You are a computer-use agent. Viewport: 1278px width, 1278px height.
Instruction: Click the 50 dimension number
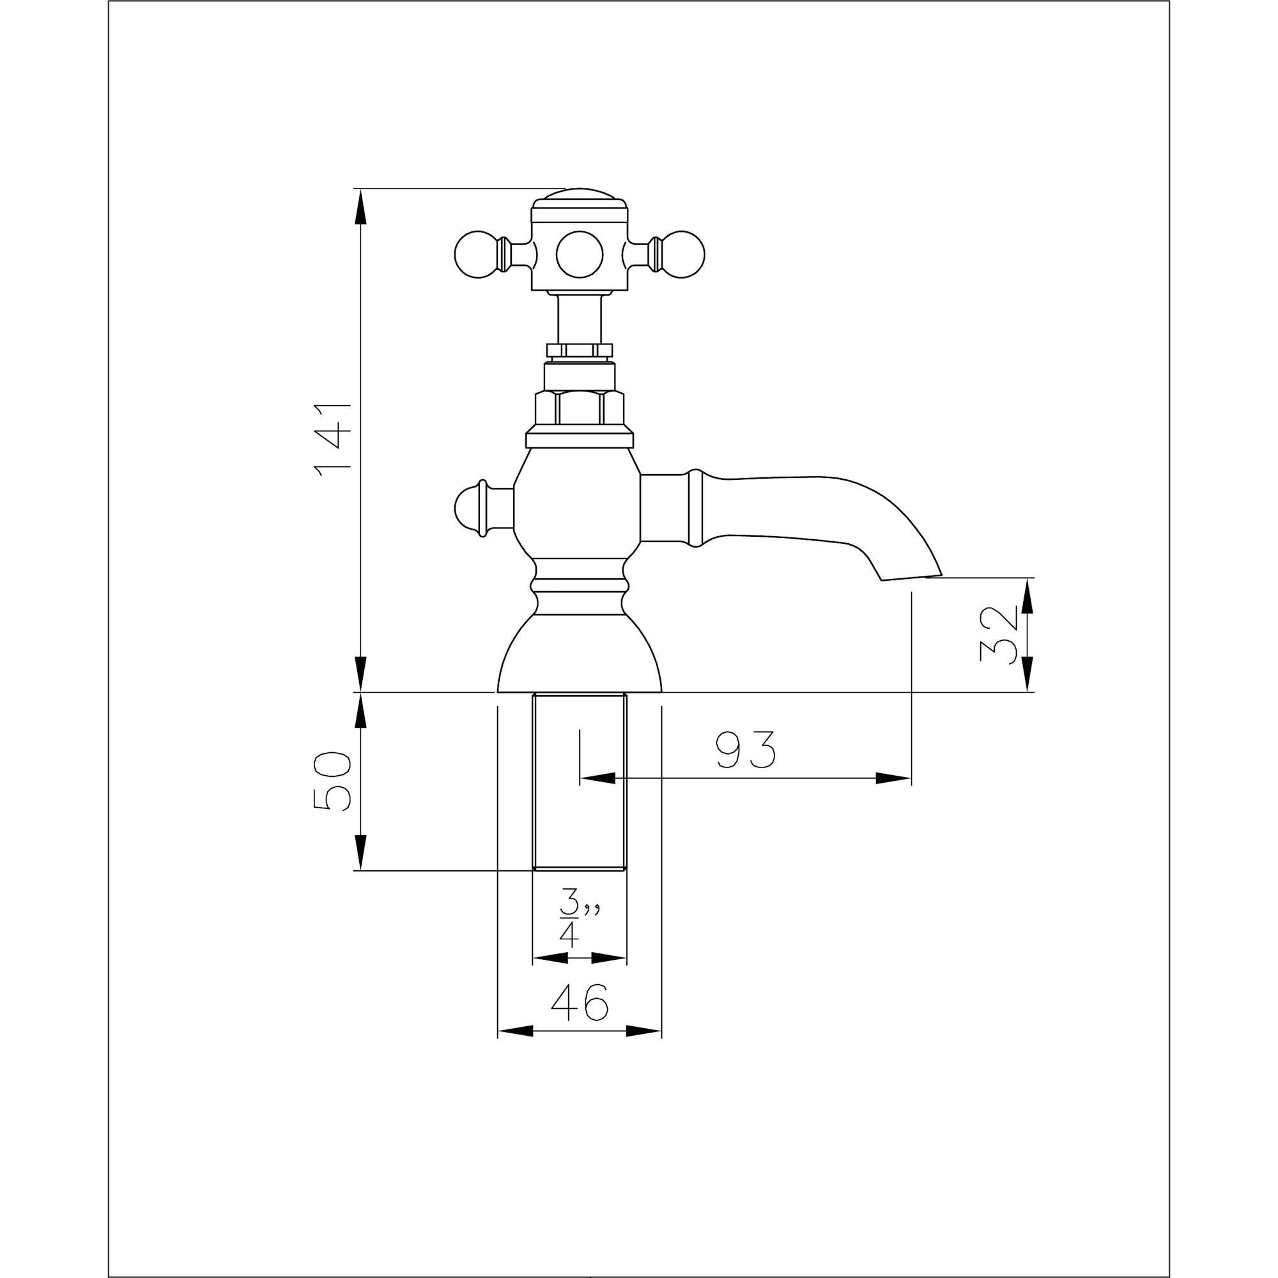(x=332, y=781)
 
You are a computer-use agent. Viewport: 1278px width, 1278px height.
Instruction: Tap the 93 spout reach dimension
(x=745, y=750)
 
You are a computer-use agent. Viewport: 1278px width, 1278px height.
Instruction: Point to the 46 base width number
(x=579, y=1002)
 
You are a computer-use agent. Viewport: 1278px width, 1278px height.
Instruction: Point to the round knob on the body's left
(x=471, y=509)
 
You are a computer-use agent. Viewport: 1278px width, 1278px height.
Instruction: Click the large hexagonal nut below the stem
(x=580, y=408)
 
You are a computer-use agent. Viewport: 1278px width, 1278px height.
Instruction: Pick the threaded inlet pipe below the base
(x=580, y=781)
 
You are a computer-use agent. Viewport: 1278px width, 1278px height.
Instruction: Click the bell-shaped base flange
(x=580, y=655)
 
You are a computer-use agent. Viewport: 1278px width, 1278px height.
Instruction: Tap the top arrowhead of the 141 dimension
(x=360, y=206)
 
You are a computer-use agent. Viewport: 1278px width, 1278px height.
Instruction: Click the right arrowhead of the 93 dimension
(x=894, y=778)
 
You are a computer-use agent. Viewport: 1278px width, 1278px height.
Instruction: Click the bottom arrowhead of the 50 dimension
(x=360, y=852)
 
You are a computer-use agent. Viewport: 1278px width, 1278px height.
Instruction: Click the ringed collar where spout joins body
(x=694, y=509)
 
